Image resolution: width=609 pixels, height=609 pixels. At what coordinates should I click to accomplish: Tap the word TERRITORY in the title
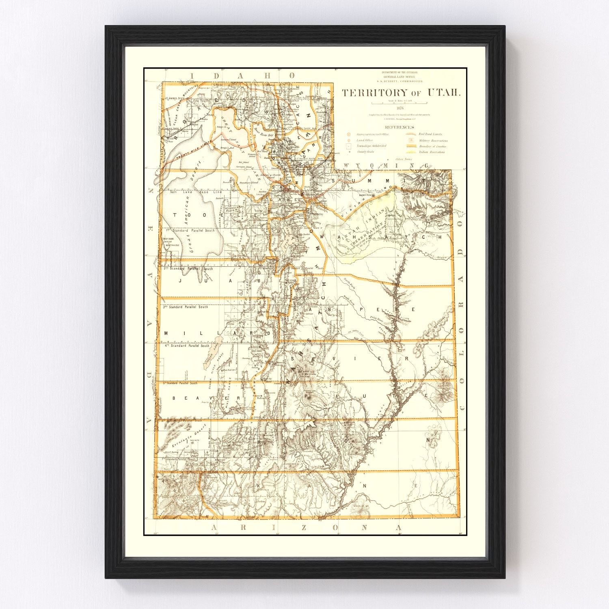pos(374,93)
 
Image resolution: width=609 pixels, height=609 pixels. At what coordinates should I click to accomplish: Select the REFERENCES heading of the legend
pos(400,127)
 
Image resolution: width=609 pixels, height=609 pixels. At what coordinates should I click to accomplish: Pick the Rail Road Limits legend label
pos(430,134)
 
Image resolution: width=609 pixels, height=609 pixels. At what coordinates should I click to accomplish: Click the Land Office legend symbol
pos(349,140)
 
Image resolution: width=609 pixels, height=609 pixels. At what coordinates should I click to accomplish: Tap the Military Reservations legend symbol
pos(411,140)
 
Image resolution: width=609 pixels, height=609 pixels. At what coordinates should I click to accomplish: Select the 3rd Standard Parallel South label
pos(185,307)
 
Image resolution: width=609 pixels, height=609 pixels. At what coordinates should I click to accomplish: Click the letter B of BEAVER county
pos(174,398)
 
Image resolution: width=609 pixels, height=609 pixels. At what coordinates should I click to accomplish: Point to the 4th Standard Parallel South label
pos(187,346)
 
